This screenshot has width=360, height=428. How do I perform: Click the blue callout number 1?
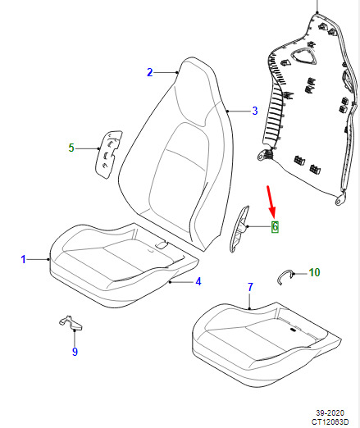pyautogui.click(x=23, y=259)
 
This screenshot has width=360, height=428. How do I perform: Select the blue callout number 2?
pyautogui.click(x=149, y=72)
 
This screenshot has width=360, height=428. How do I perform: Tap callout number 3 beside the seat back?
pyautogui.click(x=255, y=111)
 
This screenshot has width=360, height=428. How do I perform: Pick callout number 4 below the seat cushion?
pyautogui.click(x=198, y=281)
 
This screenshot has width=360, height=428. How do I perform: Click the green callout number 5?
pyautogui.click(x=71, y=148)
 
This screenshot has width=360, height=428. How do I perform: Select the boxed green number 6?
pyautogui.click(x=275, y=226)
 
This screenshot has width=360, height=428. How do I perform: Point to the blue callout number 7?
pyautogui.click(x=250, y=287)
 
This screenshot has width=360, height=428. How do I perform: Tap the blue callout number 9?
pyautogui.click(x=75, y=351)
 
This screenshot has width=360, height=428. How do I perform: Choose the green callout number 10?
pyautogui.click(x=314, y=272)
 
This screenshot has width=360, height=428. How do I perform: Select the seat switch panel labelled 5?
pyautogui.click(x=108, y=154)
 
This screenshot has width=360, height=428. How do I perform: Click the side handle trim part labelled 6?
pyautogui.click(x=239, y=229)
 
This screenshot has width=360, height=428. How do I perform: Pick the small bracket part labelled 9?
pyautogui.click(x=71, y=323)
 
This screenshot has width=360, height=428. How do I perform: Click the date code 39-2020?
pyautogui.click(x=330, y=412)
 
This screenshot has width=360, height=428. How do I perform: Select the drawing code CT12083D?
pyautogui.click(x=330, y=421)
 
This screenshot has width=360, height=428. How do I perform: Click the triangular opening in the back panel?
pyautogui.click(x=303, y=57)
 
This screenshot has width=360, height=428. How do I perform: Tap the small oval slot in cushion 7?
pyautogui.click(x=293, y=330)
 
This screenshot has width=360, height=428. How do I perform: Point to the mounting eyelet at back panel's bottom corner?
pyautogui.click(x=340, y=199)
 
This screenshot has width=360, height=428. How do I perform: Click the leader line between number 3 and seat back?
pyautogui.click(x=239, y=111)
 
